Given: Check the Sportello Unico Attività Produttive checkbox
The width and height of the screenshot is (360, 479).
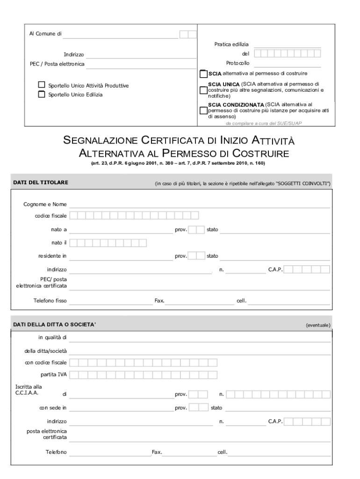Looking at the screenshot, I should (42, 85).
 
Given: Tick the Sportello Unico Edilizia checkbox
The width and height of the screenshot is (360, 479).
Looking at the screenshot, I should (42, 94).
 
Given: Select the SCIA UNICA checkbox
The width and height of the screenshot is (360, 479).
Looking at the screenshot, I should (203, 90).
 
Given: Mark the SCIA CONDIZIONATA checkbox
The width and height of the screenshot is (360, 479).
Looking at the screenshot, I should (203, 111).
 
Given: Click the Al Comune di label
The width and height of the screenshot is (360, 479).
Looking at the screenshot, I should (45, 34).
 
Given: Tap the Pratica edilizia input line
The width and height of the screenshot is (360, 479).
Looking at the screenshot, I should (287, 44).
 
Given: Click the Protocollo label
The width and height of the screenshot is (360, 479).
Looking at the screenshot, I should (238, 63).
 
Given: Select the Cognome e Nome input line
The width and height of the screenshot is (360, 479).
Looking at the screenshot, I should (199, 204).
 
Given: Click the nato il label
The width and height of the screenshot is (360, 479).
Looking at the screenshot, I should (59, 243).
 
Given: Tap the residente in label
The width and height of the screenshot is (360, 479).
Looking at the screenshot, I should (52, 256).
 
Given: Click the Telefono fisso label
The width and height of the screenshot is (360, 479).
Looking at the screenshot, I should (50, 301).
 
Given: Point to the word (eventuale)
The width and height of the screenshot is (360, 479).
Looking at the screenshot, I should (318, 325).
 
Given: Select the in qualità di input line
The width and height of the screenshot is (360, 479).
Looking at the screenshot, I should (199, 338).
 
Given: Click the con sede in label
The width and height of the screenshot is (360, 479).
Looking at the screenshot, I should (52, 408).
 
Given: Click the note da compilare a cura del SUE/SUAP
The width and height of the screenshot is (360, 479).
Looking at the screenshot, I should (264, 123).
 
